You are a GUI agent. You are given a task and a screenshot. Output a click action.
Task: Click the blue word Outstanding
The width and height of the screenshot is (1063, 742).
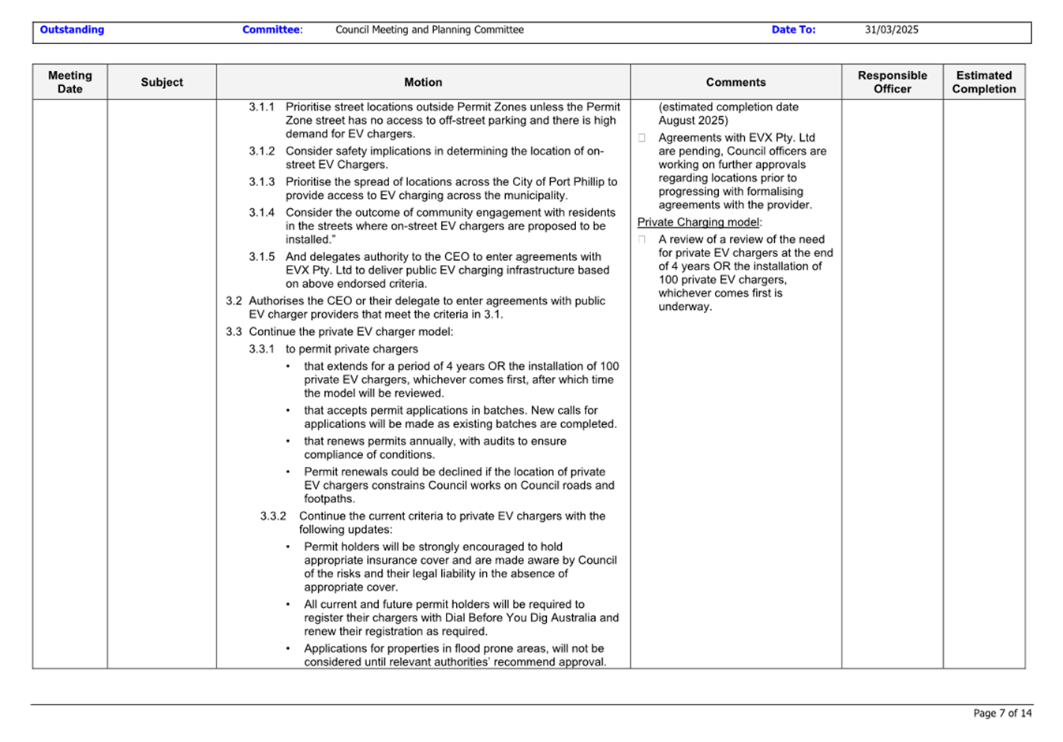coord(72,30)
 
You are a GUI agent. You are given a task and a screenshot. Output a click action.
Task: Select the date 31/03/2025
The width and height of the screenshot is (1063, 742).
coord(891,30)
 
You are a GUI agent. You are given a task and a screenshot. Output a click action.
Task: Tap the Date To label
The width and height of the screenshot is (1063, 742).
coord(793,30)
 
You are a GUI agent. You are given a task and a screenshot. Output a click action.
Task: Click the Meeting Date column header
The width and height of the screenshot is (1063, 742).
coord(69,82)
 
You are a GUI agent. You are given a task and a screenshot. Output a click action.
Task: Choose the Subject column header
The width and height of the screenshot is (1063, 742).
coord(162,82)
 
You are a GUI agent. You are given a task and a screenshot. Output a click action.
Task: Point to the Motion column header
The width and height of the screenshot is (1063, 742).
coord(423,82)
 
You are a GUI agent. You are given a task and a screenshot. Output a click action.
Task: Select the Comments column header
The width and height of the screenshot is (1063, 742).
coord(735,82)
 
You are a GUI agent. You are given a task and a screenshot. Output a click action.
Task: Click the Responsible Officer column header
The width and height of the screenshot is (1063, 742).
coord(892,82)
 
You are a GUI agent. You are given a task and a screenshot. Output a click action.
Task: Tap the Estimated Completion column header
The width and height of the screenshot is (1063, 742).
coord(983,82)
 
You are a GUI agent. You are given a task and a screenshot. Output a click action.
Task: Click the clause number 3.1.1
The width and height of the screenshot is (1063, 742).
coord(262,107)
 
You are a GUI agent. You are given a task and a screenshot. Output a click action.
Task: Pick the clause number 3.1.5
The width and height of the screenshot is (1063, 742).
coord(262,257)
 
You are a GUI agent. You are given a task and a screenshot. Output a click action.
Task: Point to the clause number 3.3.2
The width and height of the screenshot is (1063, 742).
coord(273,516)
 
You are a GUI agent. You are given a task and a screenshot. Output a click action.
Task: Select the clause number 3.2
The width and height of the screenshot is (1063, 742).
coord(234,301)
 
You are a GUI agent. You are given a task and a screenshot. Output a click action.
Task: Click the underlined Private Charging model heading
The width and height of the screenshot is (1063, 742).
coord(698,222)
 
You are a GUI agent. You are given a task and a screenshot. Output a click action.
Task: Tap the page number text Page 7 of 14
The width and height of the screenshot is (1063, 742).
coord(1002,713)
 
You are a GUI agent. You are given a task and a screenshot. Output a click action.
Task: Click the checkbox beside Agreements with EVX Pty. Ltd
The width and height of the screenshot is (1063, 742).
coord(642,138)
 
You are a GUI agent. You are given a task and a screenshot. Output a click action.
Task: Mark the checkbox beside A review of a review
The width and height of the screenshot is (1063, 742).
coord(642,240)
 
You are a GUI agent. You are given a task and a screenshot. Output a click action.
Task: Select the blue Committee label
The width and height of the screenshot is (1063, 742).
coord(271,30)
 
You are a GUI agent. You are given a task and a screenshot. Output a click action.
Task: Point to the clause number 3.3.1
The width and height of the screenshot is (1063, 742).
coord(262,349)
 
